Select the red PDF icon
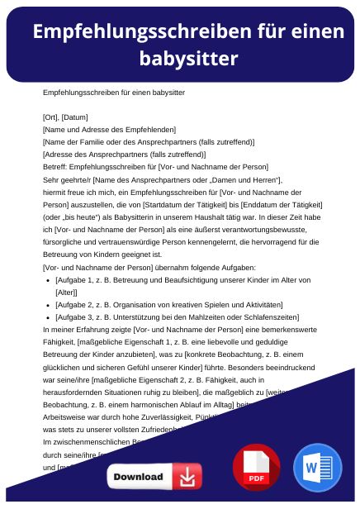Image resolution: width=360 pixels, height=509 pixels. click(x=257, y=468)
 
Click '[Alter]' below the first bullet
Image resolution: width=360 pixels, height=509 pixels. click(x=66, y=292)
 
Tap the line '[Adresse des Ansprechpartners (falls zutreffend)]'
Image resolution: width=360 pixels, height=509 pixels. click(x=123, y=154)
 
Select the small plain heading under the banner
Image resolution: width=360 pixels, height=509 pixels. click(x=113, y=93)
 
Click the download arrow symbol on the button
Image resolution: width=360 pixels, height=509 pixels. click(x=189, y=477)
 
